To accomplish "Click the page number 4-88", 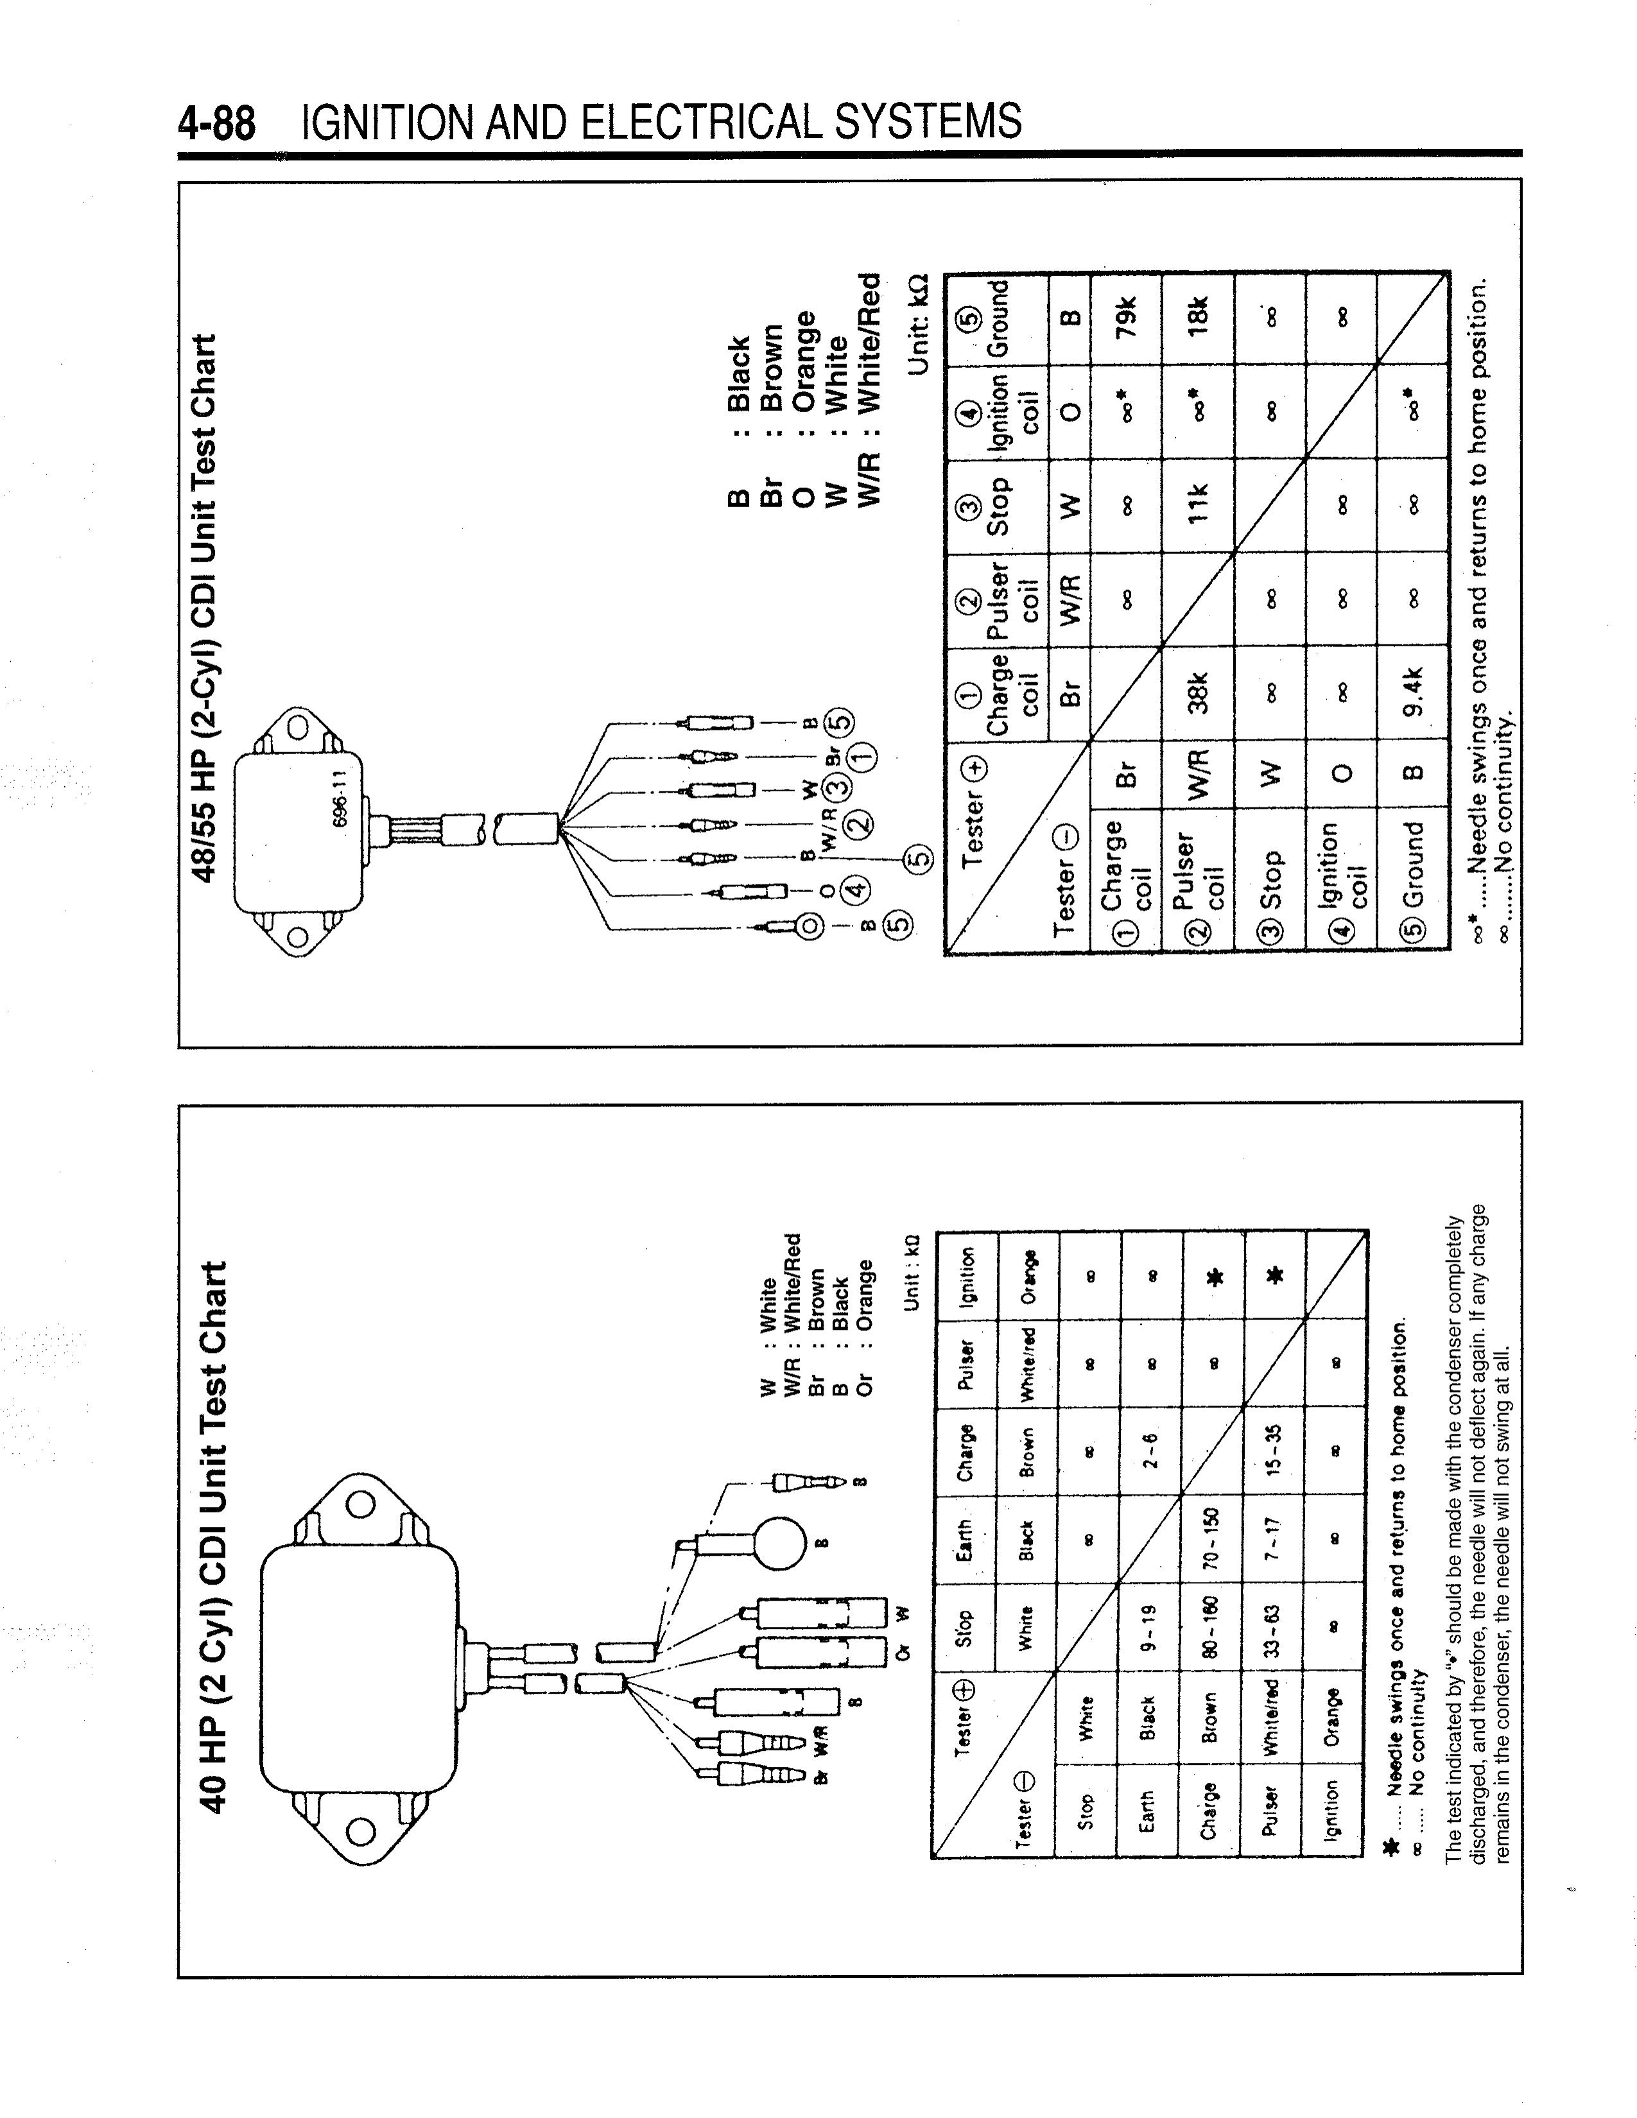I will (216, 124).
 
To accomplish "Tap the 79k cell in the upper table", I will (1126, 317).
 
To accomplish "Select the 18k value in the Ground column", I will (1198, 317).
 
